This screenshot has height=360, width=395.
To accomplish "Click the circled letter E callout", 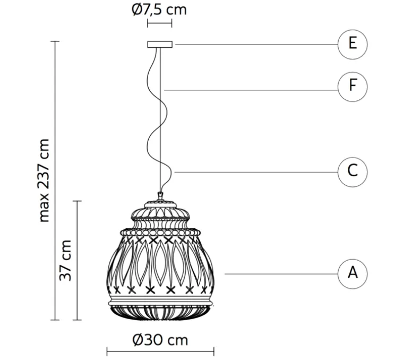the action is click(353, 45).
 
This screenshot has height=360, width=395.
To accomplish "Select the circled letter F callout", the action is click(353, 87).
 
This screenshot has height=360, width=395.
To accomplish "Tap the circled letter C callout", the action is click(353, 173).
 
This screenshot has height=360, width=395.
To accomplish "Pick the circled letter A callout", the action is click(353, 274).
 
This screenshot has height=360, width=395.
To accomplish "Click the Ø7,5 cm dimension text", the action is click(159, 10).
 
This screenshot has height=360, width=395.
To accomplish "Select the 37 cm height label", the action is click(65, 260).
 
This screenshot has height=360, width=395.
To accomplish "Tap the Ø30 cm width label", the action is click(160, 340).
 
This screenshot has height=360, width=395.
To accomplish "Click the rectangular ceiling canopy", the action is click(160, 45).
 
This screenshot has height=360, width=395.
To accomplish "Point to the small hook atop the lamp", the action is click(160, 196).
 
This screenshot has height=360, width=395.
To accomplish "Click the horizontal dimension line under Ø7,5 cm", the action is click(160, 23).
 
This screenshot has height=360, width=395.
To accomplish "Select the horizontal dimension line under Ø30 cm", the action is click(160, 352).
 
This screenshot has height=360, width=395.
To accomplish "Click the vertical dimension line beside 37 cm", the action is click(77, 261).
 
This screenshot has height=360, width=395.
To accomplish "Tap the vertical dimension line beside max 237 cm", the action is click(55, 181).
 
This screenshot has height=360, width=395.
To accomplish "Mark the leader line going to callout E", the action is click(256, 45).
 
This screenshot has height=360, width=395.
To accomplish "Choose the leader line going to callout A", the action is click(281, 274).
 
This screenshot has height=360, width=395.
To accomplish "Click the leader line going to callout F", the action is click(251, 90).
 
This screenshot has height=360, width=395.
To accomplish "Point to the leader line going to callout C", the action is click(256, 173).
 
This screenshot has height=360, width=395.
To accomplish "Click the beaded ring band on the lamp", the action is click(160, 232).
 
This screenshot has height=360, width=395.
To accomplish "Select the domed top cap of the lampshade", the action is click(160, 210).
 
